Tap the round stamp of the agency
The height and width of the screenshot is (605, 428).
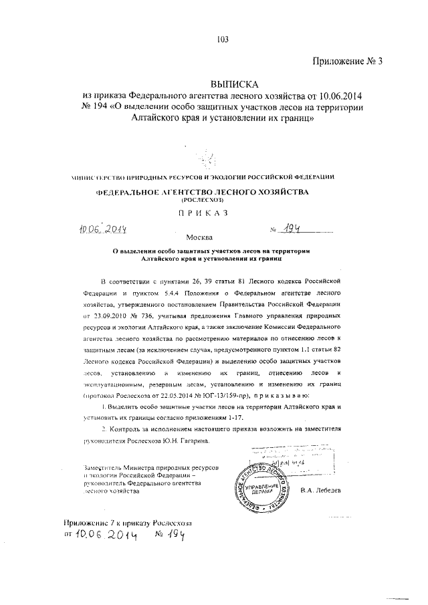[x=261, y=483]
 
